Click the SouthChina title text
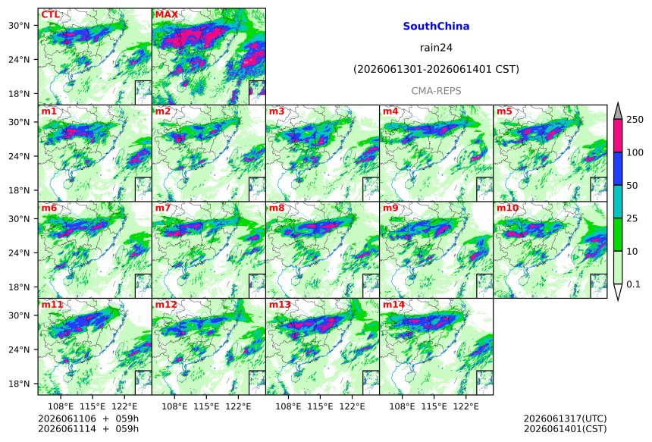(436, 27)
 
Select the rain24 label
(436, 48)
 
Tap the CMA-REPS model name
(436, 91)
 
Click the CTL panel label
(50, 15)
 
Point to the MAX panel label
(166, 15)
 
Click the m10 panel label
(507, 208)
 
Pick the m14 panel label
(393, 305)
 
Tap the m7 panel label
(163, 208)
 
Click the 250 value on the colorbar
(635, 120)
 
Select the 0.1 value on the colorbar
(633, 284)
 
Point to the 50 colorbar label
(632, 186)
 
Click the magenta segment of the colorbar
(618, 136)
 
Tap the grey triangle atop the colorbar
(618, 112)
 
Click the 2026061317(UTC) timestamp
(565, 418)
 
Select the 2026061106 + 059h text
(88, 418)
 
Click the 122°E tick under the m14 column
(465, 406)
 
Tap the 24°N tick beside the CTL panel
(19, 59)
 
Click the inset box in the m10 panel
(598, 286)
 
